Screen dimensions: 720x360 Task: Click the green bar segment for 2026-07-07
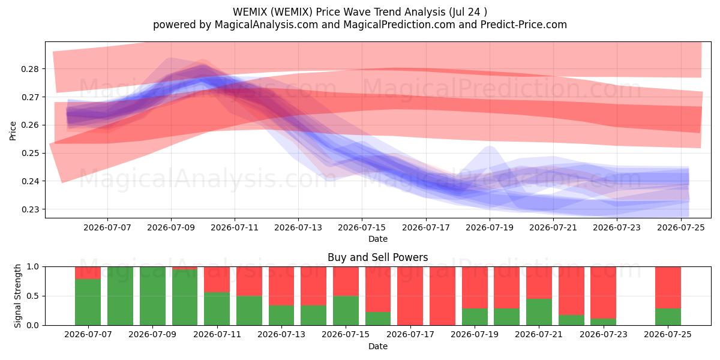[88, 302]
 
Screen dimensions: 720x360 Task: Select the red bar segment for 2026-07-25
[668, 287]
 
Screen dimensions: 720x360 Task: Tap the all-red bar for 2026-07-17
[410, 296]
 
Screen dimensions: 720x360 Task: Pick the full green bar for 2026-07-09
[152, 296]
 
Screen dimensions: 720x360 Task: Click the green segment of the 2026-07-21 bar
[539, 312]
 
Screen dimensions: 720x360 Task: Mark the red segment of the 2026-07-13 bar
[281, 286]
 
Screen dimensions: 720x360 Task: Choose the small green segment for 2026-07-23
[604, 322]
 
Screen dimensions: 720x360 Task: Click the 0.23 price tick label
[30, 209]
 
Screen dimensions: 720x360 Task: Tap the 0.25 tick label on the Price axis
[30, 154]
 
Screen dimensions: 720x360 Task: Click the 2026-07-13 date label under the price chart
[298, 227]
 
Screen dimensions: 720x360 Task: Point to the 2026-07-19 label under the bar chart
[475, 334]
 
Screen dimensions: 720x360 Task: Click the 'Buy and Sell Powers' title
[377, 257]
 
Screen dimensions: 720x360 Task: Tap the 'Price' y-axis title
[13, 131]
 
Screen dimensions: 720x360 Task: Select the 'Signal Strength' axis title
[17, 296]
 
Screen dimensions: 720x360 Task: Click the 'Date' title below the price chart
[377, 239]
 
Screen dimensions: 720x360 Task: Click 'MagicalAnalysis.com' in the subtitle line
[266, 25]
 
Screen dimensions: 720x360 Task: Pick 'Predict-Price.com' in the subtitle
[524, 25]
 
